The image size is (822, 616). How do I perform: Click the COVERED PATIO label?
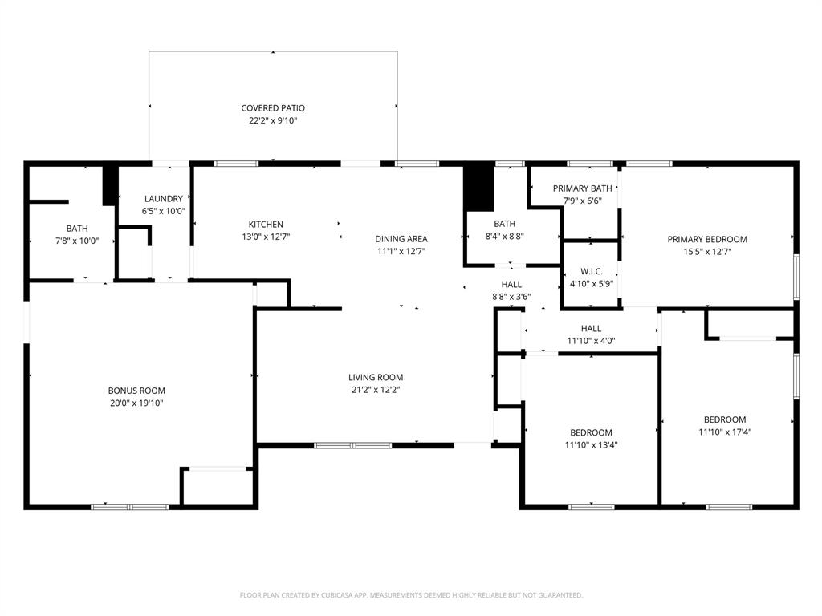[x=273, y=108]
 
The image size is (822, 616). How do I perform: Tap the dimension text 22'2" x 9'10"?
[x=273, y=121]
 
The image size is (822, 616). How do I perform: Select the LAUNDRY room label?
[x=164, y=199]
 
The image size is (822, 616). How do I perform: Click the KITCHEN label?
[x=265, y=225]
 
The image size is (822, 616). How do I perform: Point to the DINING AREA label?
[x=401, y=238]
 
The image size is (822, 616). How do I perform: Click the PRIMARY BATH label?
[x=582, y=188]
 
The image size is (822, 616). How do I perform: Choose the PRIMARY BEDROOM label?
[x=707, y=239]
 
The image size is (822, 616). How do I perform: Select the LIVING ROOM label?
[x=376, y=377]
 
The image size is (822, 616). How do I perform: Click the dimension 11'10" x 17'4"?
[x=725, y=432]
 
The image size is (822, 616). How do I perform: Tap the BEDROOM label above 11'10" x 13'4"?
[x=591, y=432]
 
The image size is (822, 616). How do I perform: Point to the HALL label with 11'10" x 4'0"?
[x=591, y=328]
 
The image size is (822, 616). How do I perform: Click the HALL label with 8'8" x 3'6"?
[x=511, y=284]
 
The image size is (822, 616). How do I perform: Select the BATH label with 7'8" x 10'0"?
[x=77, y=228]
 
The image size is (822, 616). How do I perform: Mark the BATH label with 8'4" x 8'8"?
[x=505, y=224]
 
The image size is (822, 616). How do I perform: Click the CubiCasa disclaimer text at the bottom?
[x=411, y=595]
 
